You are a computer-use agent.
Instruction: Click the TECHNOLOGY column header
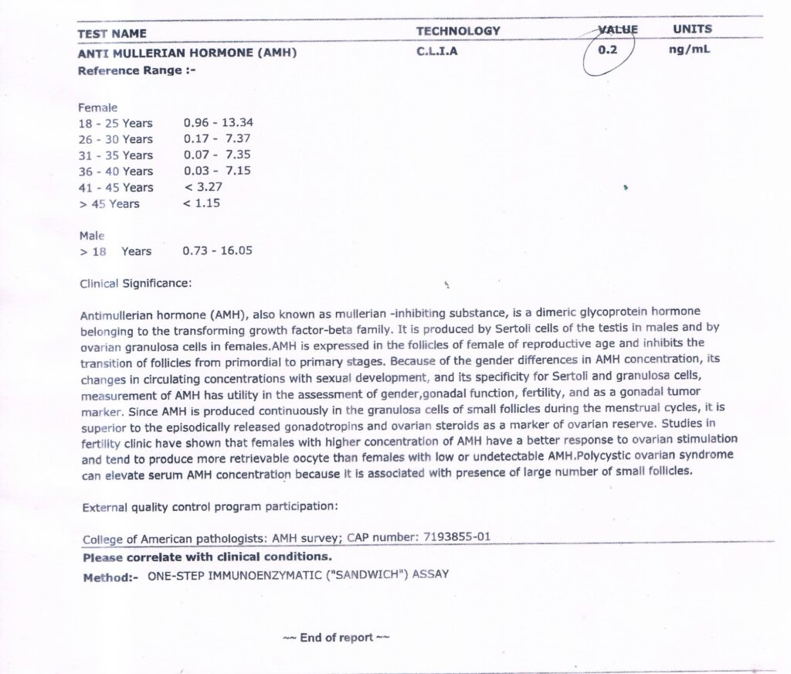coord(458,31)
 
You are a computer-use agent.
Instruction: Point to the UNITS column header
coord(692,29)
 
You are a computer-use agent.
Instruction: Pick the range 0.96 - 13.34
coord(219,123)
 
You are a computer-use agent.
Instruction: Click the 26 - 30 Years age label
coord(116,139)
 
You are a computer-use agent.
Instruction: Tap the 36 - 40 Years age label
coord(116,172)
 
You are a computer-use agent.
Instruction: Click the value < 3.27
coord(203,187)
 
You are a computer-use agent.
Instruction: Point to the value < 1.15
coord(202,203)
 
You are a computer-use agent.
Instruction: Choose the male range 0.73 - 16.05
coord(217,251)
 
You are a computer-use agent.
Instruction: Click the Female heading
coord(98,108)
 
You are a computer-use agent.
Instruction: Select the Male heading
coord(92,235)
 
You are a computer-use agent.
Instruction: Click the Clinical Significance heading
coord(135,283)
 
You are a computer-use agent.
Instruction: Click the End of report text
coord(336,638)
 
